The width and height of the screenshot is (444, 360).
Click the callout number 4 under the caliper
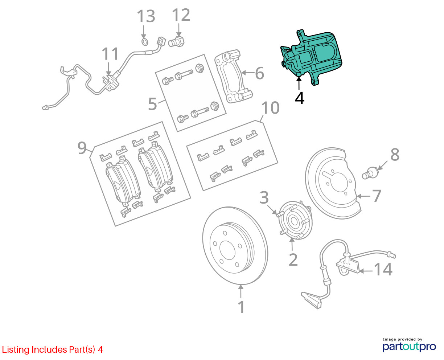pos(299,98)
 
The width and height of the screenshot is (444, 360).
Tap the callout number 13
pos(146,17)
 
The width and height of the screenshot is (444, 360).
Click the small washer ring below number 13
pos(144,42)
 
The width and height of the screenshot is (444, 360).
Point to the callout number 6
pos(259,73)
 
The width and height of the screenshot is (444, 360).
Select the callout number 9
pos(82,148)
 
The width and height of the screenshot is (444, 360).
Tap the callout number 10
pos(270,108)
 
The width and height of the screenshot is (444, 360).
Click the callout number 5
pos(153,104)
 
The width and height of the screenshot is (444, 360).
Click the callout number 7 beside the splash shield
pos(377,196)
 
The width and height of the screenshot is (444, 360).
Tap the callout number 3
pos(264,198)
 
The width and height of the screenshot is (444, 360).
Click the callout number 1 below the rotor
pos(241,307)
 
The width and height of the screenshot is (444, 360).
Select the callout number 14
pos(383,270)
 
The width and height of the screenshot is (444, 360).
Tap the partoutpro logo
pos(409,346)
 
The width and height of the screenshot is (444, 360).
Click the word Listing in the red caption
pos(16,350)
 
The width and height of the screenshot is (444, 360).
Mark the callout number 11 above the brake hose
pos(110,54)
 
